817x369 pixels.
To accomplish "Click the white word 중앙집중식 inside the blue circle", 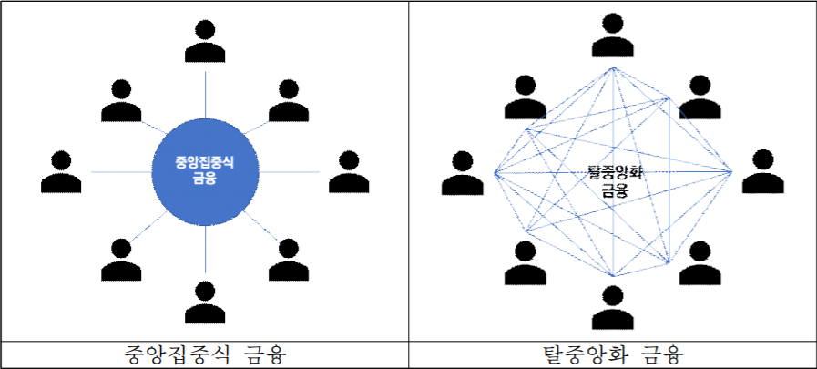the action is click(x=204, y=162).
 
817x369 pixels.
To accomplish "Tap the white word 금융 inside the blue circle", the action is click(x=205, y=179).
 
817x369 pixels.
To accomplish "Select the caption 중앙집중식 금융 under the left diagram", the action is click(x=204, y=354).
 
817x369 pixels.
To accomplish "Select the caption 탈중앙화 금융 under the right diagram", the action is click(x=612, y=354).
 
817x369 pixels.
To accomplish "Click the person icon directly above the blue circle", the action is click(x=205, y=38).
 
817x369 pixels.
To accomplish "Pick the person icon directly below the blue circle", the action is click(x=205, y=304).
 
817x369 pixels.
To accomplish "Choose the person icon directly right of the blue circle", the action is click(x=349, y=171).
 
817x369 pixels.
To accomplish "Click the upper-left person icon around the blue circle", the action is click(x=122, y=100).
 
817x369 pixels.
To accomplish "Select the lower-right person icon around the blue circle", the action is click(x=288, y=259).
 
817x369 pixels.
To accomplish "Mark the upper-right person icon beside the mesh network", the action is click(x=699, y=98).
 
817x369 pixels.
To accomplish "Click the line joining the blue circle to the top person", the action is click(x=205, y=91).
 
